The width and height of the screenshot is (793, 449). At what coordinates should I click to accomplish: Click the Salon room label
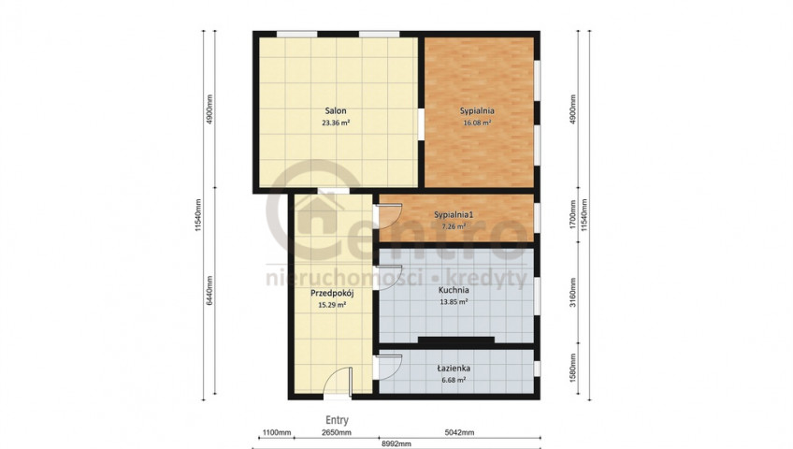(336, 110)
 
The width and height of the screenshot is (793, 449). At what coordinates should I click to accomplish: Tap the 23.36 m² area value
(336, 123)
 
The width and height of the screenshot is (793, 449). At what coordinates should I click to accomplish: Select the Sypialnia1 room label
(454, 215)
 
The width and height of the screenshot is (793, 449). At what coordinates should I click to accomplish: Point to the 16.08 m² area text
(477, 123)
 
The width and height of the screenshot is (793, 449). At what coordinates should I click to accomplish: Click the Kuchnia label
(454, 290)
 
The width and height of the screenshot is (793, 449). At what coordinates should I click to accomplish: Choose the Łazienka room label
(454, 369)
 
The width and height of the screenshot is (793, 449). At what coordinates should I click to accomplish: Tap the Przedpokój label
(332, 294)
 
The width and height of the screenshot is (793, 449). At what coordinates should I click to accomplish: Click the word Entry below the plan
(337, 420)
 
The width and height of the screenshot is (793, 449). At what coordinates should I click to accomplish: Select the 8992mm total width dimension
(396, 444)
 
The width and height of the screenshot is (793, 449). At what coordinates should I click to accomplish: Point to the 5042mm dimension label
(459, 433)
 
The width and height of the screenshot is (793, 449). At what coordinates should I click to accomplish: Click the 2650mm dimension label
(337, 433)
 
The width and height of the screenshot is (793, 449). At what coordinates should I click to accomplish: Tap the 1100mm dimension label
(276, 433)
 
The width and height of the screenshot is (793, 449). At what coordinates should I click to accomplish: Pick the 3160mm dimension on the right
(572, 292)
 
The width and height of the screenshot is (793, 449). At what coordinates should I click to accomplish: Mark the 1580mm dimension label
(572, 368)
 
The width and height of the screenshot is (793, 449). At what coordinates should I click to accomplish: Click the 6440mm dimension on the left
(209, 291)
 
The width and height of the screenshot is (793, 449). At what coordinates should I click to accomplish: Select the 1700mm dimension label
(572, 214)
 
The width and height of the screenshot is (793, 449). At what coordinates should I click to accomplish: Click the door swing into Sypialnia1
(389, 216)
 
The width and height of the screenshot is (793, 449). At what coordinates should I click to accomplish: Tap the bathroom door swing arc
(389, 367)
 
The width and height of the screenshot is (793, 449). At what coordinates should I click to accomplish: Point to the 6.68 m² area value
(454, 380)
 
